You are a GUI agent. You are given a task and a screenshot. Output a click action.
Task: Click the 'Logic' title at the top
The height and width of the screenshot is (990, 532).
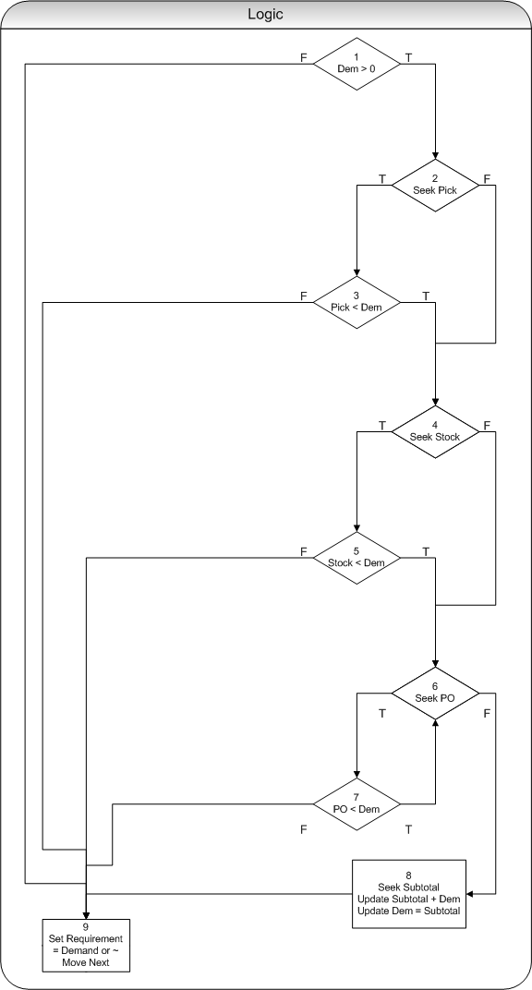point(266,15)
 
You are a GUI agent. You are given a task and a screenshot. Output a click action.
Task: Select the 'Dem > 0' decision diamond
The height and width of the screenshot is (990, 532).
point(357,64)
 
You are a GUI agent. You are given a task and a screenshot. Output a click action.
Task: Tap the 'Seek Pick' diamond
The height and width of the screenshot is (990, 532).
point(435,185)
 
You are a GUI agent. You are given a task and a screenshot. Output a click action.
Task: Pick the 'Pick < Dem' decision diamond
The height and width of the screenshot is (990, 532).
point(357,302)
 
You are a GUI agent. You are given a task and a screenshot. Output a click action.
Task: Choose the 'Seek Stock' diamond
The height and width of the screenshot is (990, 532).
point(435,431)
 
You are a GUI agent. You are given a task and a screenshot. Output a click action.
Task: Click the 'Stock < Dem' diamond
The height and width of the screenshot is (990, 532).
point(357,558)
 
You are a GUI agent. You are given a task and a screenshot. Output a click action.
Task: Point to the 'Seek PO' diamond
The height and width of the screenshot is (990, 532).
point(435,693)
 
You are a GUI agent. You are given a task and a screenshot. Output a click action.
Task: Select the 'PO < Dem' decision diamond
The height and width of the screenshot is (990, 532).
point(357,804)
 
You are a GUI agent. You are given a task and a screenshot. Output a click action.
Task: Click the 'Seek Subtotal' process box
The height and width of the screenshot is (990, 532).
point(409,893)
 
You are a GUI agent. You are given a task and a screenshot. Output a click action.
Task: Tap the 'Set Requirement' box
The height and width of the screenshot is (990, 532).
point(86,945)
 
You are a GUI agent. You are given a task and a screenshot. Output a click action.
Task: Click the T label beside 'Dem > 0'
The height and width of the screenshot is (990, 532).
point(408,57)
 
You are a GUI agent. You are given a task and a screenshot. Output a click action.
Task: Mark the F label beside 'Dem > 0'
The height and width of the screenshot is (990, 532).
point(304,57)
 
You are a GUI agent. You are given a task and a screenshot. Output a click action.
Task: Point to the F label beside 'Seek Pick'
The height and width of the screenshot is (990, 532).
point(487,178)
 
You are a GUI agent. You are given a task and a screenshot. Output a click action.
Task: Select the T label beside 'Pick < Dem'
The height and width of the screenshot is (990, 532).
point(426,296)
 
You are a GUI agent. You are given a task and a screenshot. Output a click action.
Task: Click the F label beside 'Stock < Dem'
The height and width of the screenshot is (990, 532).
point(304,551)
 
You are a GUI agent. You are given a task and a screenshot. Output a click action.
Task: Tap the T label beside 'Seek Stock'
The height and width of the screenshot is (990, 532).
point(382,425)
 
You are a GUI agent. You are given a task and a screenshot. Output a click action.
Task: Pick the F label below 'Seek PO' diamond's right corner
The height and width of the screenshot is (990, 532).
point(487,714)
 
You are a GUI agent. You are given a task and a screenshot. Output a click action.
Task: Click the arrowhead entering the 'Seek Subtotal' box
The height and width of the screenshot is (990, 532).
point(470,893)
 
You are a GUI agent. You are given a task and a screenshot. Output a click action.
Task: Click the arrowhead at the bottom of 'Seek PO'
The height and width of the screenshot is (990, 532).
point(435,723)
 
